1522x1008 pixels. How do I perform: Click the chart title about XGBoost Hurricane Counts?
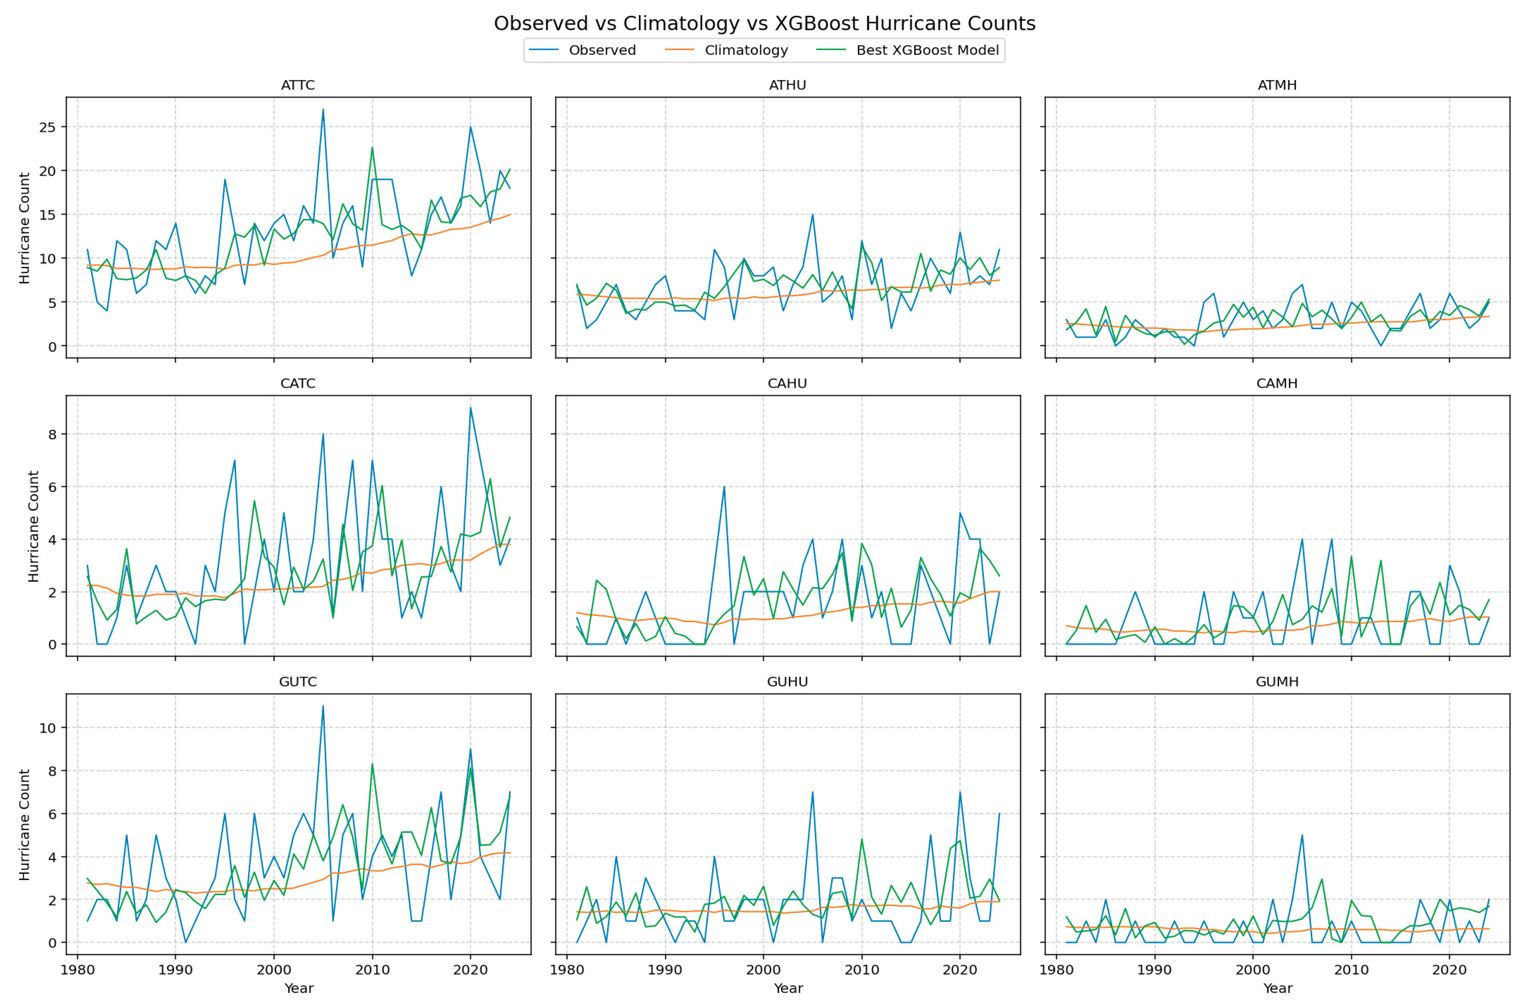point(764,24)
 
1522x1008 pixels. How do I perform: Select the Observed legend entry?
point(602,51)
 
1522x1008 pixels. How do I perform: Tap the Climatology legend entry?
point(746,51)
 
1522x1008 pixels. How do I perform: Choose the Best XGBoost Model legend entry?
point(927,51)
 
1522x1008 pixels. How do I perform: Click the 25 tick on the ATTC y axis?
point(48,127)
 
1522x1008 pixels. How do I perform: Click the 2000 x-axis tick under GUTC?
point(274,969)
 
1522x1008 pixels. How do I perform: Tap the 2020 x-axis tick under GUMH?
point(1449,969)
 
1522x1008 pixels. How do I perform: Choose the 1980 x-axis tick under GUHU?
point(566,969)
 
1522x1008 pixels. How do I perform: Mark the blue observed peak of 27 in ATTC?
point(323,109)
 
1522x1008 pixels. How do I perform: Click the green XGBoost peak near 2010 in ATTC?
point(372,147)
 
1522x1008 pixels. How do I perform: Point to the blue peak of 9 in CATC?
point(470,408)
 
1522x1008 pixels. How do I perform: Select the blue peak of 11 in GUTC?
point(323,706)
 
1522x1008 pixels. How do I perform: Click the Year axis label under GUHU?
point(788,989)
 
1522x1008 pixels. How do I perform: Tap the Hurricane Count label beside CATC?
point(33,526)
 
